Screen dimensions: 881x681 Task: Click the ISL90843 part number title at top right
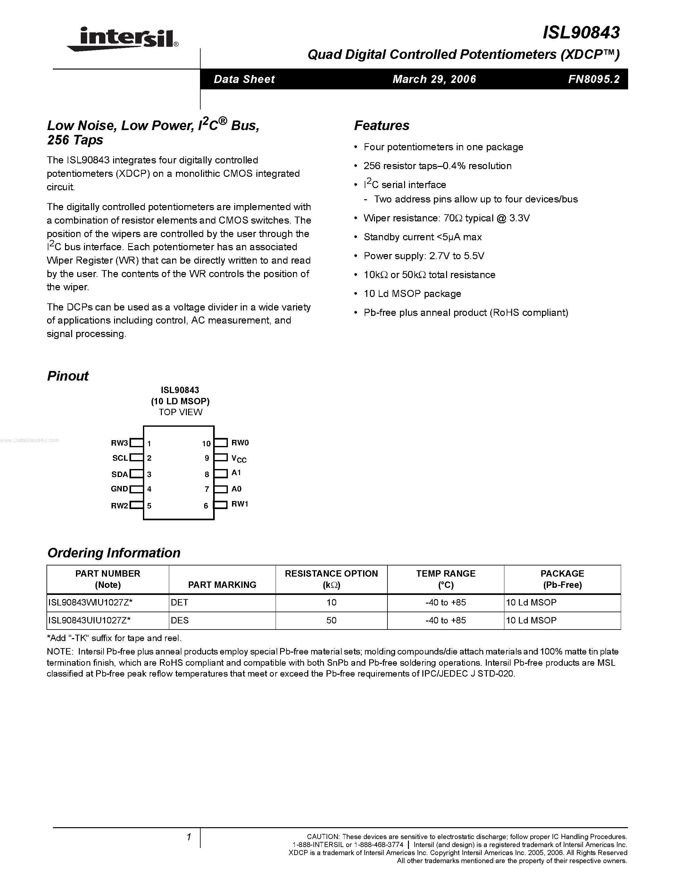pos(581,33)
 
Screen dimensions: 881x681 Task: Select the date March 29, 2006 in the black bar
pos(434,79)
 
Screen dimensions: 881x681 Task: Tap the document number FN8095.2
pos(594,79)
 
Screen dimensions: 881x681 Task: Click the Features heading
pos(382,126)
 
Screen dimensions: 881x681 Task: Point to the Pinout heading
pos(68,376)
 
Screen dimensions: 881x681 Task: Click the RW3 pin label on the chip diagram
pos(119,443)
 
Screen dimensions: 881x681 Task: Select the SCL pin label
pos(120,458)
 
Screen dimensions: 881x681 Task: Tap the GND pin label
pos(119,489)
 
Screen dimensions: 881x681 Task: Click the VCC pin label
pos(239,459)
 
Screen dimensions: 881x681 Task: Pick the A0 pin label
pos(237,489)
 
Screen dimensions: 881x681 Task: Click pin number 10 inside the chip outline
pos(206,444)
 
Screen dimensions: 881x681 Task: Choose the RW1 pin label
pos(240,504)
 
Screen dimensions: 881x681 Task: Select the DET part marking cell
pos(179,603)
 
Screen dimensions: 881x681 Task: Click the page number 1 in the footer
pos(188,837)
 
